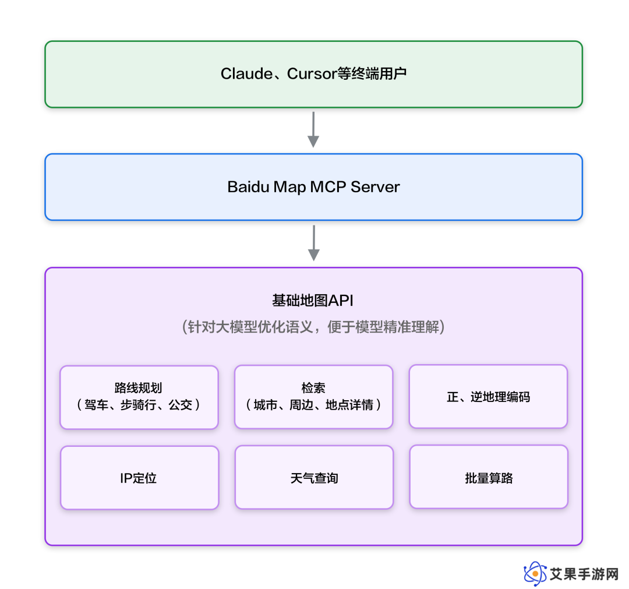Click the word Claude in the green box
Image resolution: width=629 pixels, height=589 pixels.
click(247, 74)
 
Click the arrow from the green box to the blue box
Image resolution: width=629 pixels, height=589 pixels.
click(313, 129)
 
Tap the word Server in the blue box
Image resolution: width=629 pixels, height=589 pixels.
click(375, 187)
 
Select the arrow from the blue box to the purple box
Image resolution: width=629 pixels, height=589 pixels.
click(314, 243)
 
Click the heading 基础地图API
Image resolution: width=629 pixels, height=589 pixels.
click(313, 301)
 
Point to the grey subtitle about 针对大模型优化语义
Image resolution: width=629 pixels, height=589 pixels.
click(313, 327)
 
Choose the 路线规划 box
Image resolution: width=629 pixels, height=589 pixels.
click(139, 397)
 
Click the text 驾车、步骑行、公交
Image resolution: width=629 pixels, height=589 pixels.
click(139, 405)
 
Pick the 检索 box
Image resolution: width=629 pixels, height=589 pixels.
click(314, 397)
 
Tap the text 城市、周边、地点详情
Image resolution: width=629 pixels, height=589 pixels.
click(313, 405)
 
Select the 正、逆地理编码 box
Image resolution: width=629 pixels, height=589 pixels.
click(488, 396)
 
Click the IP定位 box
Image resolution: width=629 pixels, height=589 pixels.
click(140, 478)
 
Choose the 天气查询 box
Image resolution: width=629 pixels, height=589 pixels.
click(314, 478)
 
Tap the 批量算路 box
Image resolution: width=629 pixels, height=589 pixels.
click(489, 477)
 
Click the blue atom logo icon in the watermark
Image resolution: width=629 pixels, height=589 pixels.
click(535, 573)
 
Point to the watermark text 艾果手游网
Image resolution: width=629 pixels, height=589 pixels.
click(584, 574)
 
